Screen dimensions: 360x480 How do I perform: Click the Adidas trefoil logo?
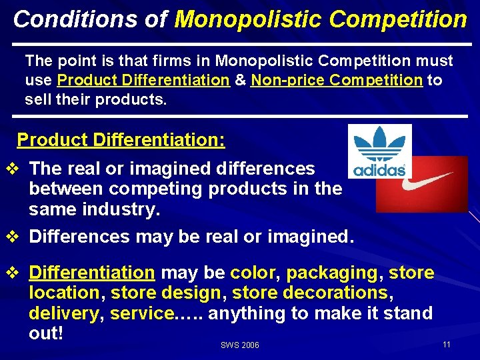click(379, 151)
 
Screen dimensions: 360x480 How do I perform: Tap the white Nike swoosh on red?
click(422, 184)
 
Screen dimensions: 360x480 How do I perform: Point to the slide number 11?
click(446, 344)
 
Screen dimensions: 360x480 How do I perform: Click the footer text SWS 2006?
click(239, 345)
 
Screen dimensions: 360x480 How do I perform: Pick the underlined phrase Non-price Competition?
click(337, 81)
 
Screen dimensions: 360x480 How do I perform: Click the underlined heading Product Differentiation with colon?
click(121, 140)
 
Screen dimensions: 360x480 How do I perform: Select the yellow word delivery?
click(63, 313)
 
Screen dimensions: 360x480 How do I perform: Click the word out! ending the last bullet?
click(46, 333)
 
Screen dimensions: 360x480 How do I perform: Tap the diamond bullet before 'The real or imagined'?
click(11, 169)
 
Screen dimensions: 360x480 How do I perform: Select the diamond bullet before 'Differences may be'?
click(11, 236)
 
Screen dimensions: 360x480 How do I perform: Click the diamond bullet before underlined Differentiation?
click(11, 273)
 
